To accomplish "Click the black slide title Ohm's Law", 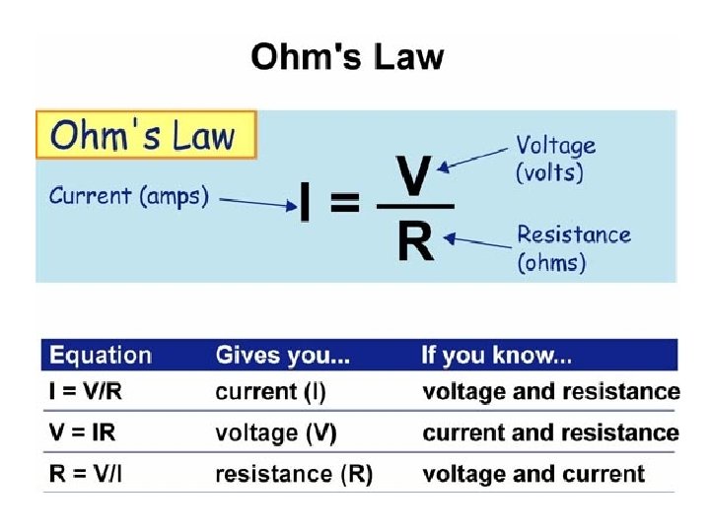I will tap(347, 56).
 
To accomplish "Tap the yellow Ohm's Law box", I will tap(146, 135).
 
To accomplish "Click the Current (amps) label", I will tap(129, 196).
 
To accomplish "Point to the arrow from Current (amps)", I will tap(258, 202).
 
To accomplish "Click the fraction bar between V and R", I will tap(415, 206).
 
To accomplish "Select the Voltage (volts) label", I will tap(556, 158).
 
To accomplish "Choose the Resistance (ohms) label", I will tap(573, 248).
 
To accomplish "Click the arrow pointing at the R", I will tap(477, 238).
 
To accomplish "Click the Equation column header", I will tap(101, 356).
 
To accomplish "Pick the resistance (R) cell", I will tap(294, 475).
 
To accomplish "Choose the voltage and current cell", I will tap(533, 475).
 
